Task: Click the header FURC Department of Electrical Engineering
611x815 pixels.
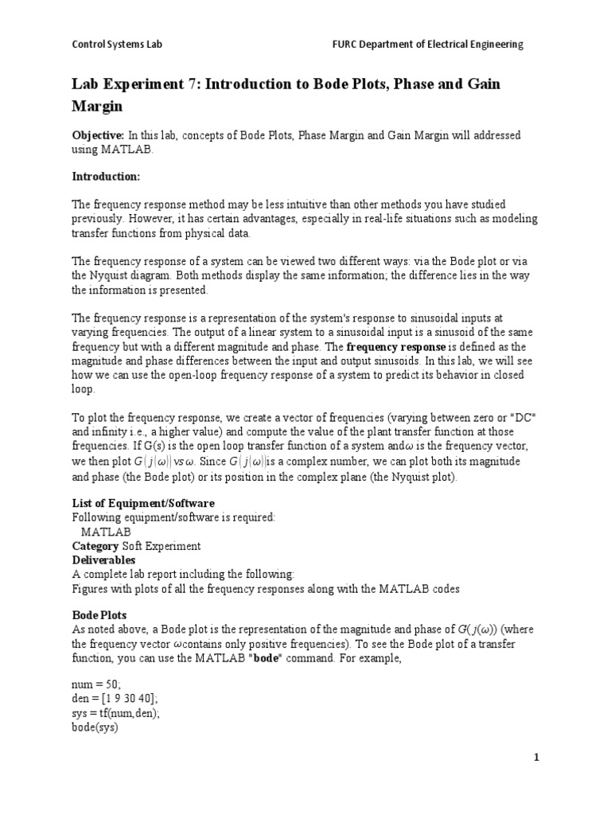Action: [x=427, y=45]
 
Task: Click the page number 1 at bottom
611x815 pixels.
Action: [x=537, y=757]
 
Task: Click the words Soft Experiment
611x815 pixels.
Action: [x=161, y=546]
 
